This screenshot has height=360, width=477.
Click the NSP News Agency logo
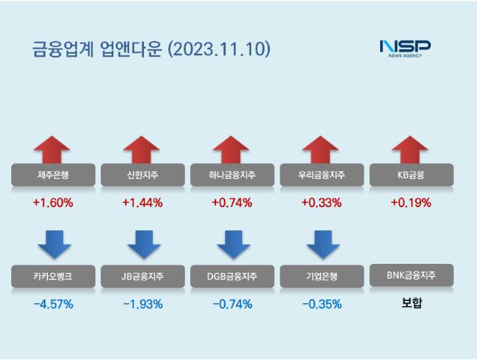(x=405, y=49)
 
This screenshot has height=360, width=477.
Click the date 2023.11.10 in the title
(x=220, y=49)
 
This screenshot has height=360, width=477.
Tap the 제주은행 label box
(x=53, y=175)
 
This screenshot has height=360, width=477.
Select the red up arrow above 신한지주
(x=142, y=149)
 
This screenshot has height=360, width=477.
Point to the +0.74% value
(x=232, y=202)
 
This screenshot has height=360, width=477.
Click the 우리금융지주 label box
(x=320, y=175)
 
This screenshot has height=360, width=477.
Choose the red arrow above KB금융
(x=410, y=149)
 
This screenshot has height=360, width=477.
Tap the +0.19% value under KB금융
(x=410, y=202)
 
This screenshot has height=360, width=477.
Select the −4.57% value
(x=53, y=303)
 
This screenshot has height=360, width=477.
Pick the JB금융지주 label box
(x=142, y=277)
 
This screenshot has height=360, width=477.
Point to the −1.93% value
(x=142, y=303)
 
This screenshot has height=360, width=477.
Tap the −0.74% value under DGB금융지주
(x=232, y=303)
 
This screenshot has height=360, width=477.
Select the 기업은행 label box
(x=320, y=277)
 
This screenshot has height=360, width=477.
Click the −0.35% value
(x=320, y=303)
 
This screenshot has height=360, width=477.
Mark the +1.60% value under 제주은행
(x=53, y=202)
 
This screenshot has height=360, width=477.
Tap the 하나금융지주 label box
(x=232, y=175)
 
